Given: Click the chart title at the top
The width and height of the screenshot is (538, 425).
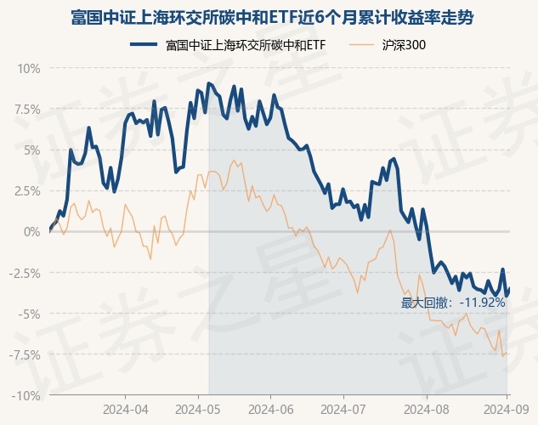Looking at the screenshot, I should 269,16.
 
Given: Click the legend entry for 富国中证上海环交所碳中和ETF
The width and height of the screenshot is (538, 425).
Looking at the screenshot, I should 246,44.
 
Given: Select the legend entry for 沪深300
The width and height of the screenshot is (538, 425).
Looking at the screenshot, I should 405,44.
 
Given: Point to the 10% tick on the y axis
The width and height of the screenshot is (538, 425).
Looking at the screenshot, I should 28,68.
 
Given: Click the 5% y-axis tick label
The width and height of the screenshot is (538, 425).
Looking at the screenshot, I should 31,150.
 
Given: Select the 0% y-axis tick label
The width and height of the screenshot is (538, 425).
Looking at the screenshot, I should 31,231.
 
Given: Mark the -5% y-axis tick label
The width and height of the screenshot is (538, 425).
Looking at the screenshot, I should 29,314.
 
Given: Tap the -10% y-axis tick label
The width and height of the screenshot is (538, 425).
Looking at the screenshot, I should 26,395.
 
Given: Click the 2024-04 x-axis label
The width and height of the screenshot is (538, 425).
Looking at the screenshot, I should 125,409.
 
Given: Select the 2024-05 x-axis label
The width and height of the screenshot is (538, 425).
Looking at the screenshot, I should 198,409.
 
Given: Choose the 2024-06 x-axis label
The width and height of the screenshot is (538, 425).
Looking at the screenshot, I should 270,409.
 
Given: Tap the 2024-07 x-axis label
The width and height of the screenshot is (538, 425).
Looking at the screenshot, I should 343,409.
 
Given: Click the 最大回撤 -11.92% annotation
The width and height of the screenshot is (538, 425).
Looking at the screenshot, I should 453,302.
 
